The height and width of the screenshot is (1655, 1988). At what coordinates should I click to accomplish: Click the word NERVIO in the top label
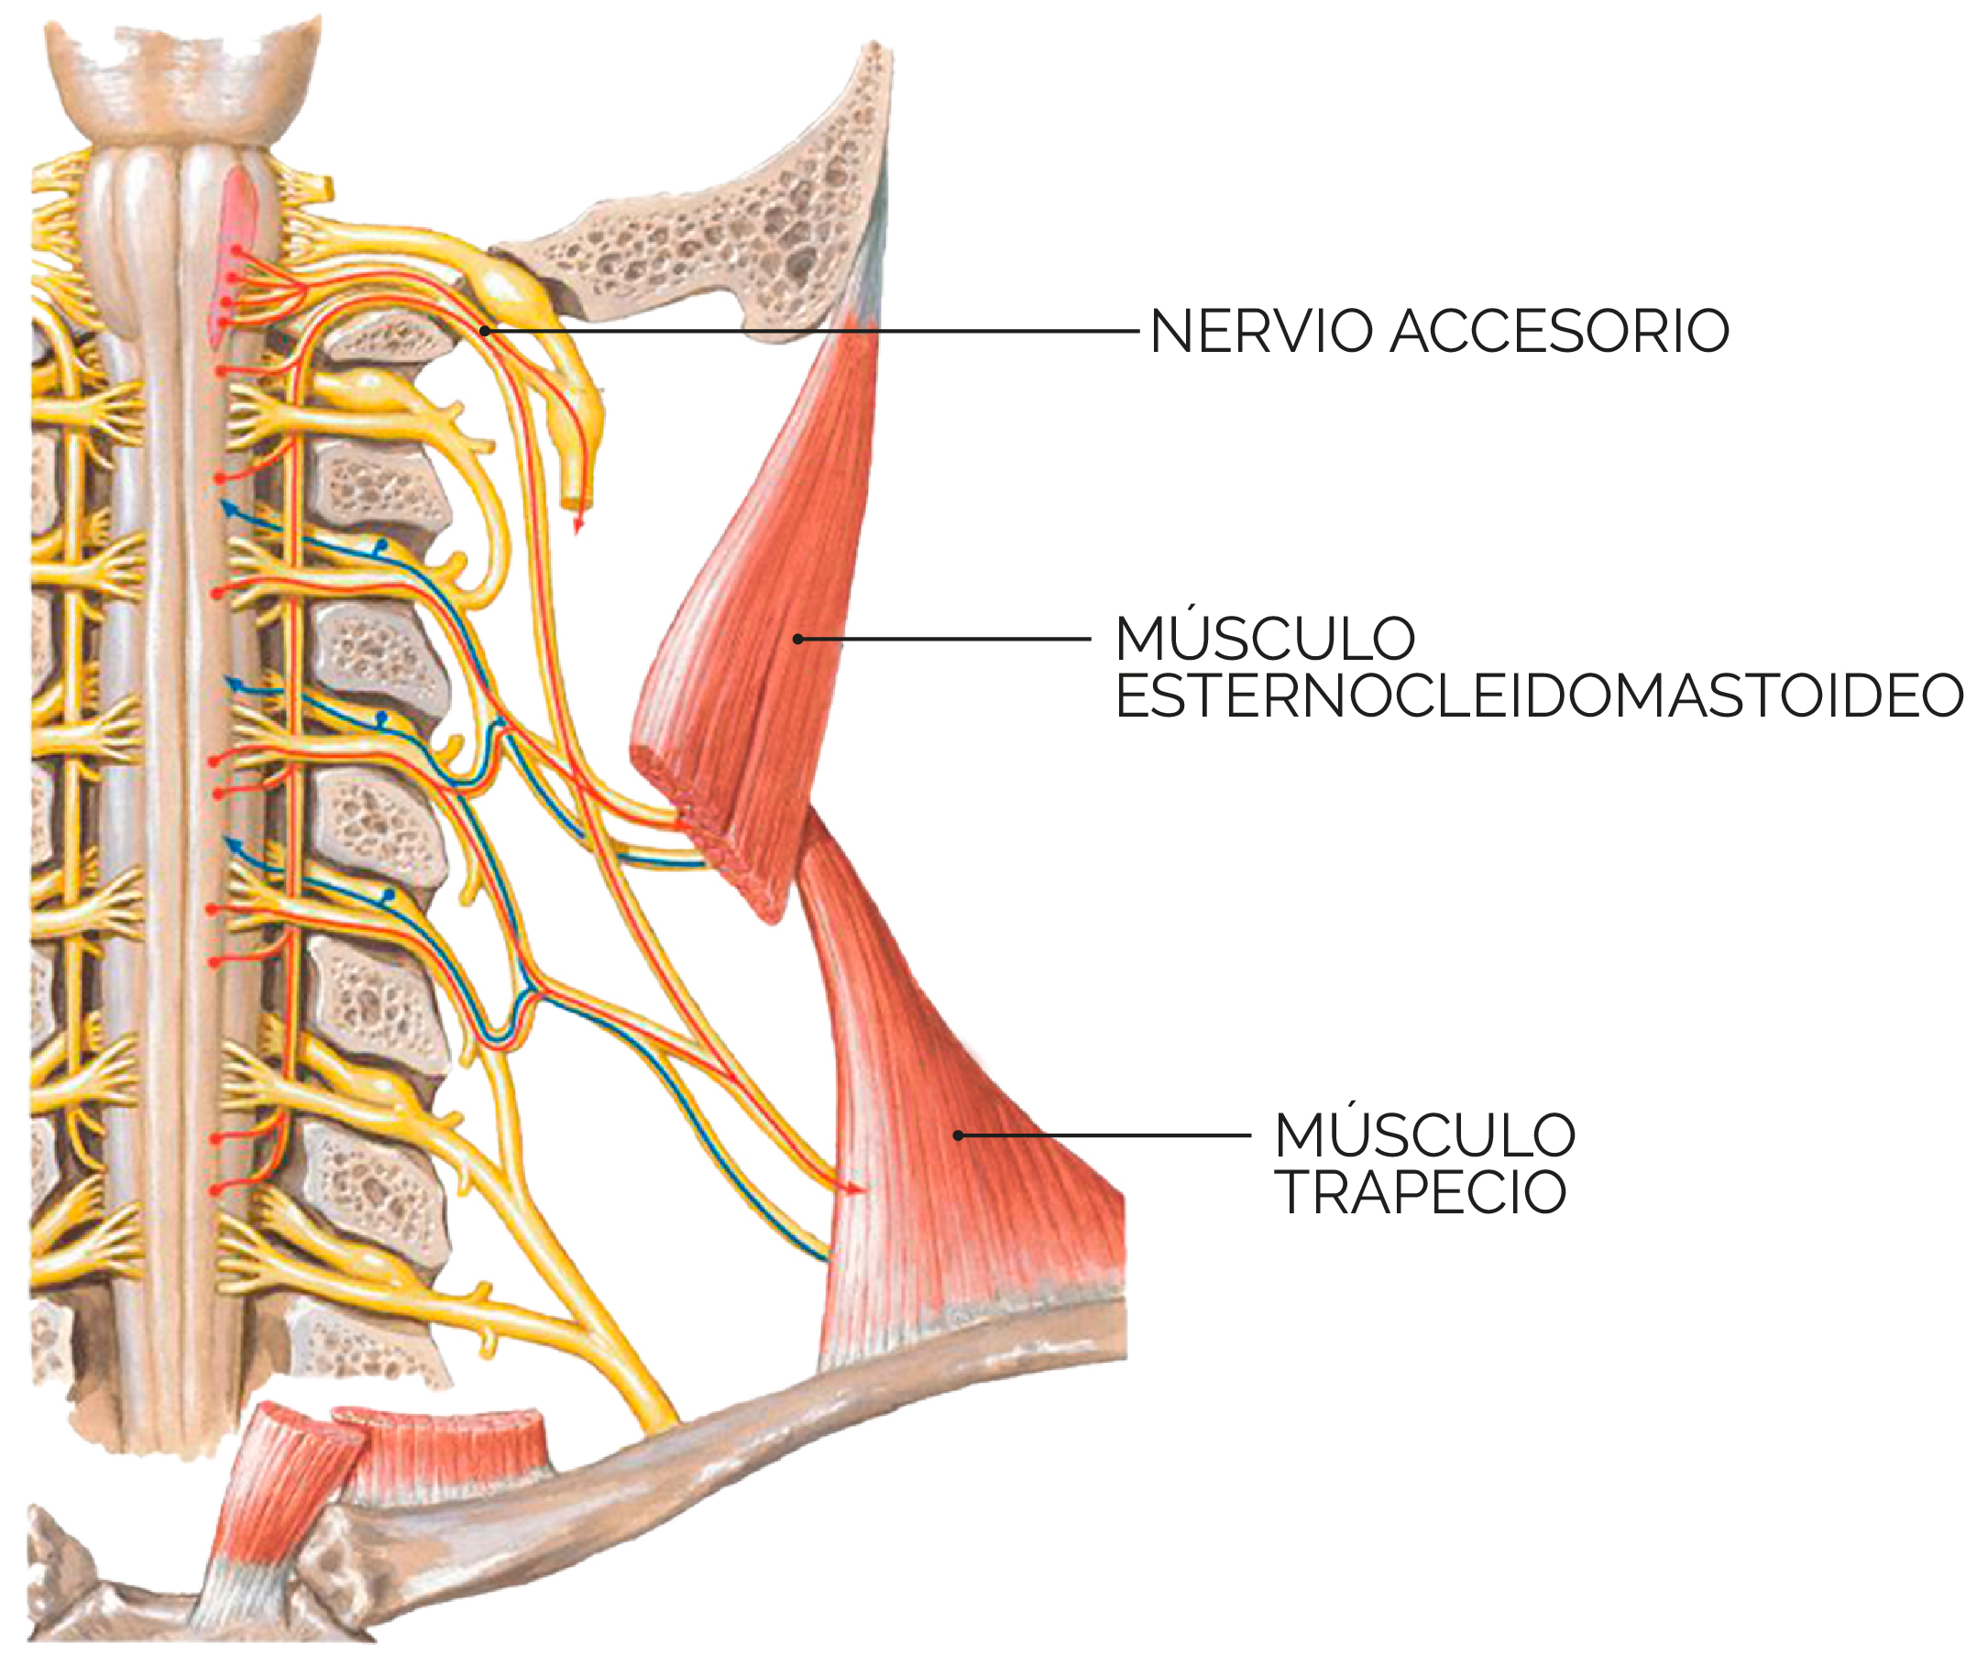[1262, 331]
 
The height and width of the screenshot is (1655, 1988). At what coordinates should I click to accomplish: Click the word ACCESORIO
[1560, 331]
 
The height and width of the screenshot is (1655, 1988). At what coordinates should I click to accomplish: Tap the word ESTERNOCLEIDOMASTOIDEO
[1539, 696]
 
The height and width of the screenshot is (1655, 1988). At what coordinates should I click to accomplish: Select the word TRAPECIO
[1420, 1191]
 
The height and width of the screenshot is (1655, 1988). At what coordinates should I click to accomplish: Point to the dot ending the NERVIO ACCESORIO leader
[485, 331]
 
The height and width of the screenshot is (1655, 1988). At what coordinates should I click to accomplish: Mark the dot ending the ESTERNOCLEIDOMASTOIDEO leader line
[798, 640]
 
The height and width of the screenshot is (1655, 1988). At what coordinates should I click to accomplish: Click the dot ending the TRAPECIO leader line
[958, 1135]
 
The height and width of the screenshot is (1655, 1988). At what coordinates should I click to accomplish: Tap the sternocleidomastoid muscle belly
[767, 606]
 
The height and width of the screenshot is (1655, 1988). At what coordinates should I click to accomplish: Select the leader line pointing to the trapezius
[1104, 1135]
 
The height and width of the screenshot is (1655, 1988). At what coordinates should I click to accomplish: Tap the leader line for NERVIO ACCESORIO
[811, 331]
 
